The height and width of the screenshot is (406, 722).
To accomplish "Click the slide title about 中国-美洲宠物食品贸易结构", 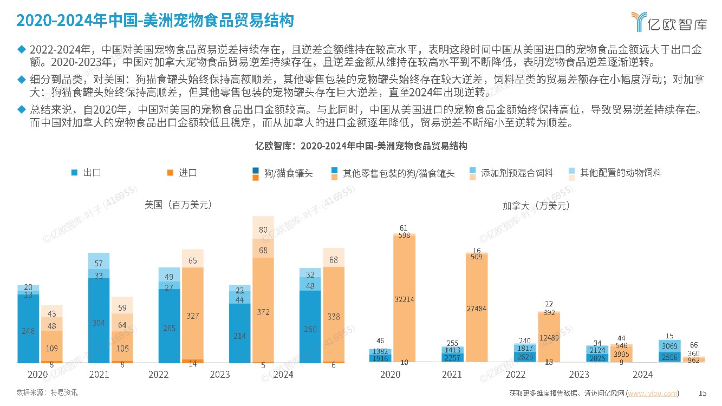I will point(155,21).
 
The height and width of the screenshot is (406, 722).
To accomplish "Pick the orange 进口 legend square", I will point(170,173).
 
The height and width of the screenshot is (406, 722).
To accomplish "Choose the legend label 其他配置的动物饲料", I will point(621,173).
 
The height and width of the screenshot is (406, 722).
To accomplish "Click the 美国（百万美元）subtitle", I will point(178,205).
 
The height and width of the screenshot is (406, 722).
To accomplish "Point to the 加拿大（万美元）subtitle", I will point(535,206).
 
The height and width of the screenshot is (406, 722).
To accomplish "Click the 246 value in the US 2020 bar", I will point(28,331).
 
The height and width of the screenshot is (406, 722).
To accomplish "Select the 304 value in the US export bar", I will point(99,322).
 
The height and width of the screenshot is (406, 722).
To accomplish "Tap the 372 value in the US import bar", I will point(263,312).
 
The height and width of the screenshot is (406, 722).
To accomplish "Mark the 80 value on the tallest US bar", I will point(263,230).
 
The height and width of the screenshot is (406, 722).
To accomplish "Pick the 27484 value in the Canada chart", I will point(476,308).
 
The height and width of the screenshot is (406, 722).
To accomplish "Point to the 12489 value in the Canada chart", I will point(548,338).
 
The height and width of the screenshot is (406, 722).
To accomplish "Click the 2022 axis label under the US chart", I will point(158,375).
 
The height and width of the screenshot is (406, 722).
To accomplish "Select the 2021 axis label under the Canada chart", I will point(452,375).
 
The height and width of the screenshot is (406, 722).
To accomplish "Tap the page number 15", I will point(703,393).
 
